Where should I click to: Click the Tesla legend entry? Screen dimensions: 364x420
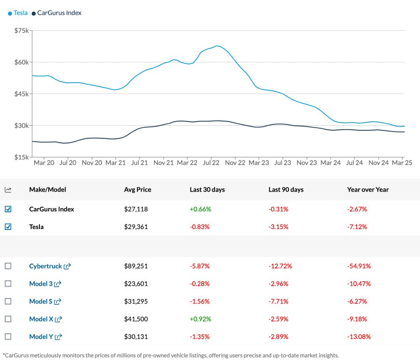point(18,13)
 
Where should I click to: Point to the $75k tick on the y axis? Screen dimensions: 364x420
point(21,31)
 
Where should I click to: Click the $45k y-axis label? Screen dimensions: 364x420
point(21,94)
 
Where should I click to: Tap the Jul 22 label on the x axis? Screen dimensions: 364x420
point(211,162)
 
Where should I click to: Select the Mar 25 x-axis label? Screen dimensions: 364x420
point(402,162)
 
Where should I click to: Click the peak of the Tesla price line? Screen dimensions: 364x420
point(217,46)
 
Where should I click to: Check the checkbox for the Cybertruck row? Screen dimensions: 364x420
point(8,266)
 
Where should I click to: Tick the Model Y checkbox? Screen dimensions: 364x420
point(8,337)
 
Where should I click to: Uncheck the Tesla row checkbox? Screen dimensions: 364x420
point(8,227)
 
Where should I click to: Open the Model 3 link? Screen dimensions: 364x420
point(41,284)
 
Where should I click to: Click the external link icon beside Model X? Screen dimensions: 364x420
point(58,319)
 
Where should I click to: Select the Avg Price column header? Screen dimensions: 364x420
point(138,190)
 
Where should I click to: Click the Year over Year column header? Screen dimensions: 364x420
point(368,190)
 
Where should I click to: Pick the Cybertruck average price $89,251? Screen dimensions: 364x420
point(136,266)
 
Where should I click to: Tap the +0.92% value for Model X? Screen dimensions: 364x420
point(200,319)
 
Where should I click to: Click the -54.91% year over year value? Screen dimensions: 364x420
point(359,266)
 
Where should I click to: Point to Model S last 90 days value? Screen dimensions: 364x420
point(278,301)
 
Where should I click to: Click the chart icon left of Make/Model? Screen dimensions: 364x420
point(8,190)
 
